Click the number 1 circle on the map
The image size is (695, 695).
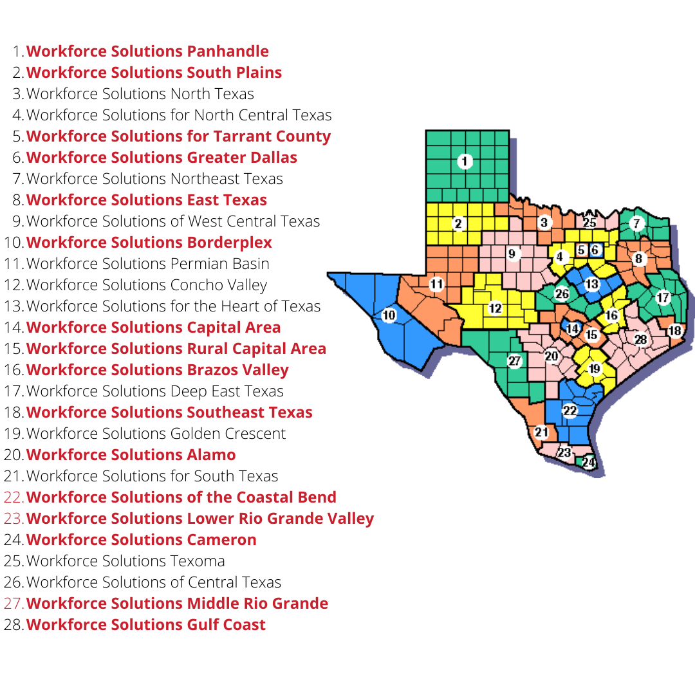click(x=465, y=162)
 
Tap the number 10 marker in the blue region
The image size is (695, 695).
click(x=389, y=315)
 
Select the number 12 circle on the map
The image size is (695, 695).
click(x=494, y=308)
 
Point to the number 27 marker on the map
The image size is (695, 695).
click(x=514, y=361)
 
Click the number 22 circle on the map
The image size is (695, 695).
click(x=570, y=411)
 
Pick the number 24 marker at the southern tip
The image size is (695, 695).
click(x=588, y=462)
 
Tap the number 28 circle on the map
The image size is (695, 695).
click(x=640, y=339)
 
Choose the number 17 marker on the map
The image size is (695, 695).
click(x=663, y=298)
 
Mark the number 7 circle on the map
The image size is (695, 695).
click(x=637, y=224)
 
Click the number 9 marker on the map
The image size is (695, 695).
click(x=512, y=254)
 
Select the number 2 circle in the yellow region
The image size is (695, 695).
click(x=458, y=224)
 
